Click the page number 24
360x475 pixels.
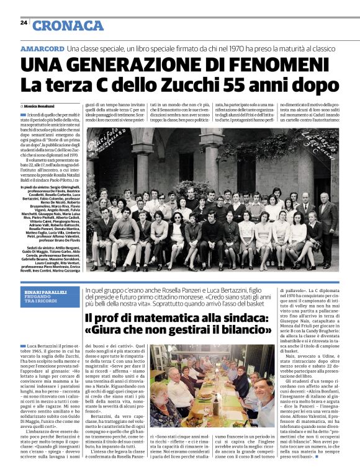24,22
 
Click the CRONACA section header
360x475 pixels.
68,25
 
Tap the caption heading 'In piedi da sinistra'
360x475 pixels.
38,169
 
